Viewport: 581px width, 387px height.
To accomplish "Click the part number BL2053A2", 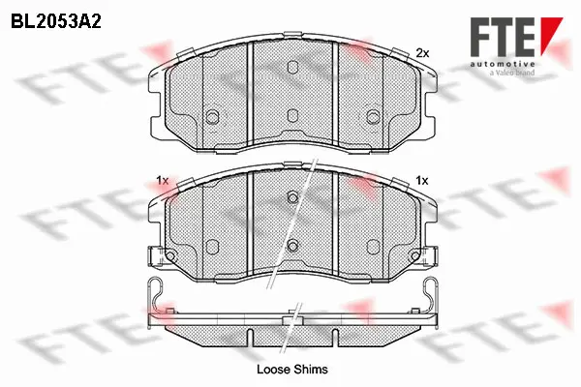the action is (x=56, y=22).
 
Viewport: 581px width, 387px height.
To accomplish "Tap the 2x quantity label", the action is (x=422, y=54).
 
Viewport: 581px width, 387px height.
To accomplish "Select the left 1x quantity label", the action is (x=163, y=181).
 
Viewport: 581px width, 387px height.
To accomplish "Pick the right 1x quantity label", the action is (x=422, y=181).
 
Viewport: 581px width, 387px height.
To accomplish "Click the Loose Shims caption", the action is (x=292, y=370).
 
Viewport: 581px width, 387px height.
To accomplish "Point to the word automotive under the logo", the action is (x=503, y=65).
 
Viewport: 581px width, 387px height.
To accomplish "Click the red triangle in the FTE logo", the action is (x=551, y=34).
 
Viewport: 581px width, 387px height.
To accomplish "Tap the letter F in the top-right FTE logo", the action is (x=480, y=37).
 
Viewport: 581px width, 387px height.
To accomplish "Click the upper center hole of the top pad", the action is (x=292, y=67).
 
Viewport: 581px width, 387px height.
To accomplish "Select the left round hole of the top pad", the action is (x=212, y=117).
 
